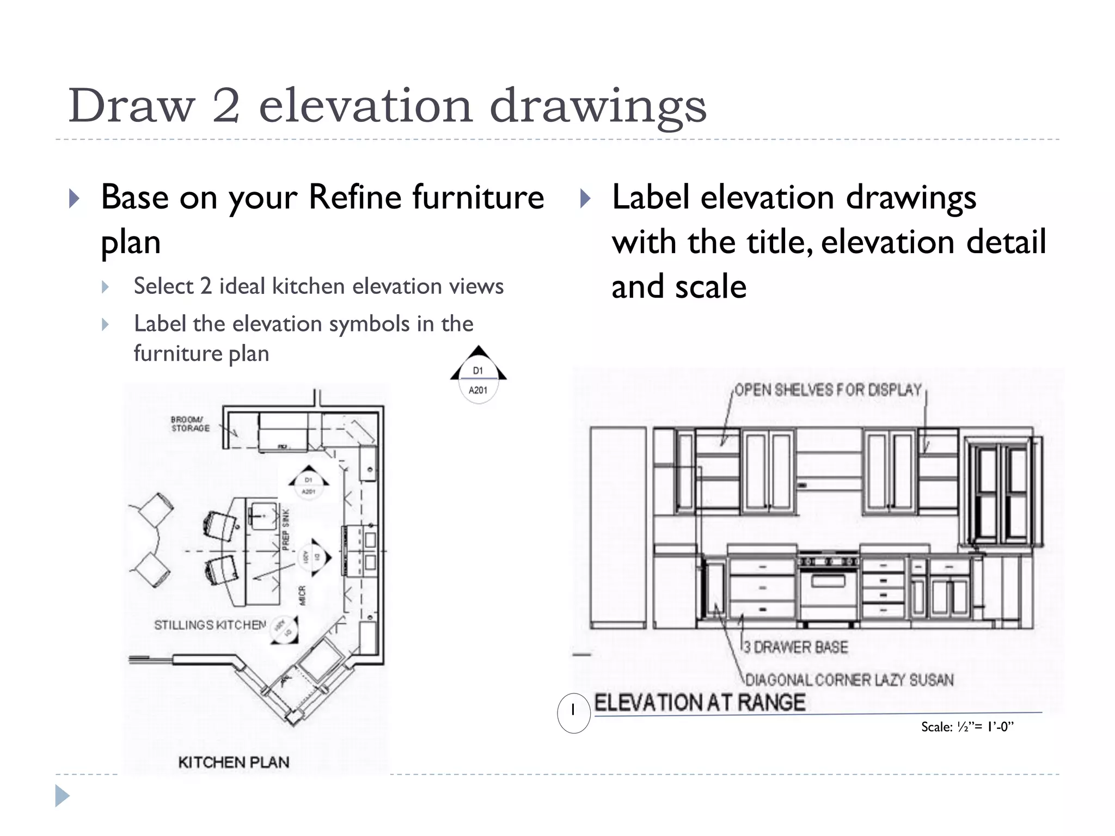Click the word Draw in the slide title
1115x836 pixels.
click(x=131, y=106)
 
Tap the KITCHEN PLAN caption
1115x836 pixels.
click(x=234, y=762)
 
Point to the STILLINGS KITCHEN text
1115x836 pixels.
click(x=210, y=625)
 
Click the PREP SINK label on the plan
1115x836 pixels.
click(x=286, y=529)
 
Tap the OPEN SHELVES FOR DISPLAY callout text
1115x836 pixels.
click(x=828, y=390)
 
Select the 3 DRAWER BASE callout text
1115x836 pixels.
click(x=795, y=647)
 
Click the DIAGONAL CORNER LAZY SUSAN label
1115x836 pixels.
click(x=849, y=680)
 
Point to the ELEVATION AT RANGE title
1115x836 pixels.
click(x=700, y=703)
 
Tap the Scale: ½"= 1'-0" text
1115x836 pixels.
click(x=967, y=727)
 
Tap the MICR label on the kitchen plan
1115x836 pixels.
click(x=302, y=595)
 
